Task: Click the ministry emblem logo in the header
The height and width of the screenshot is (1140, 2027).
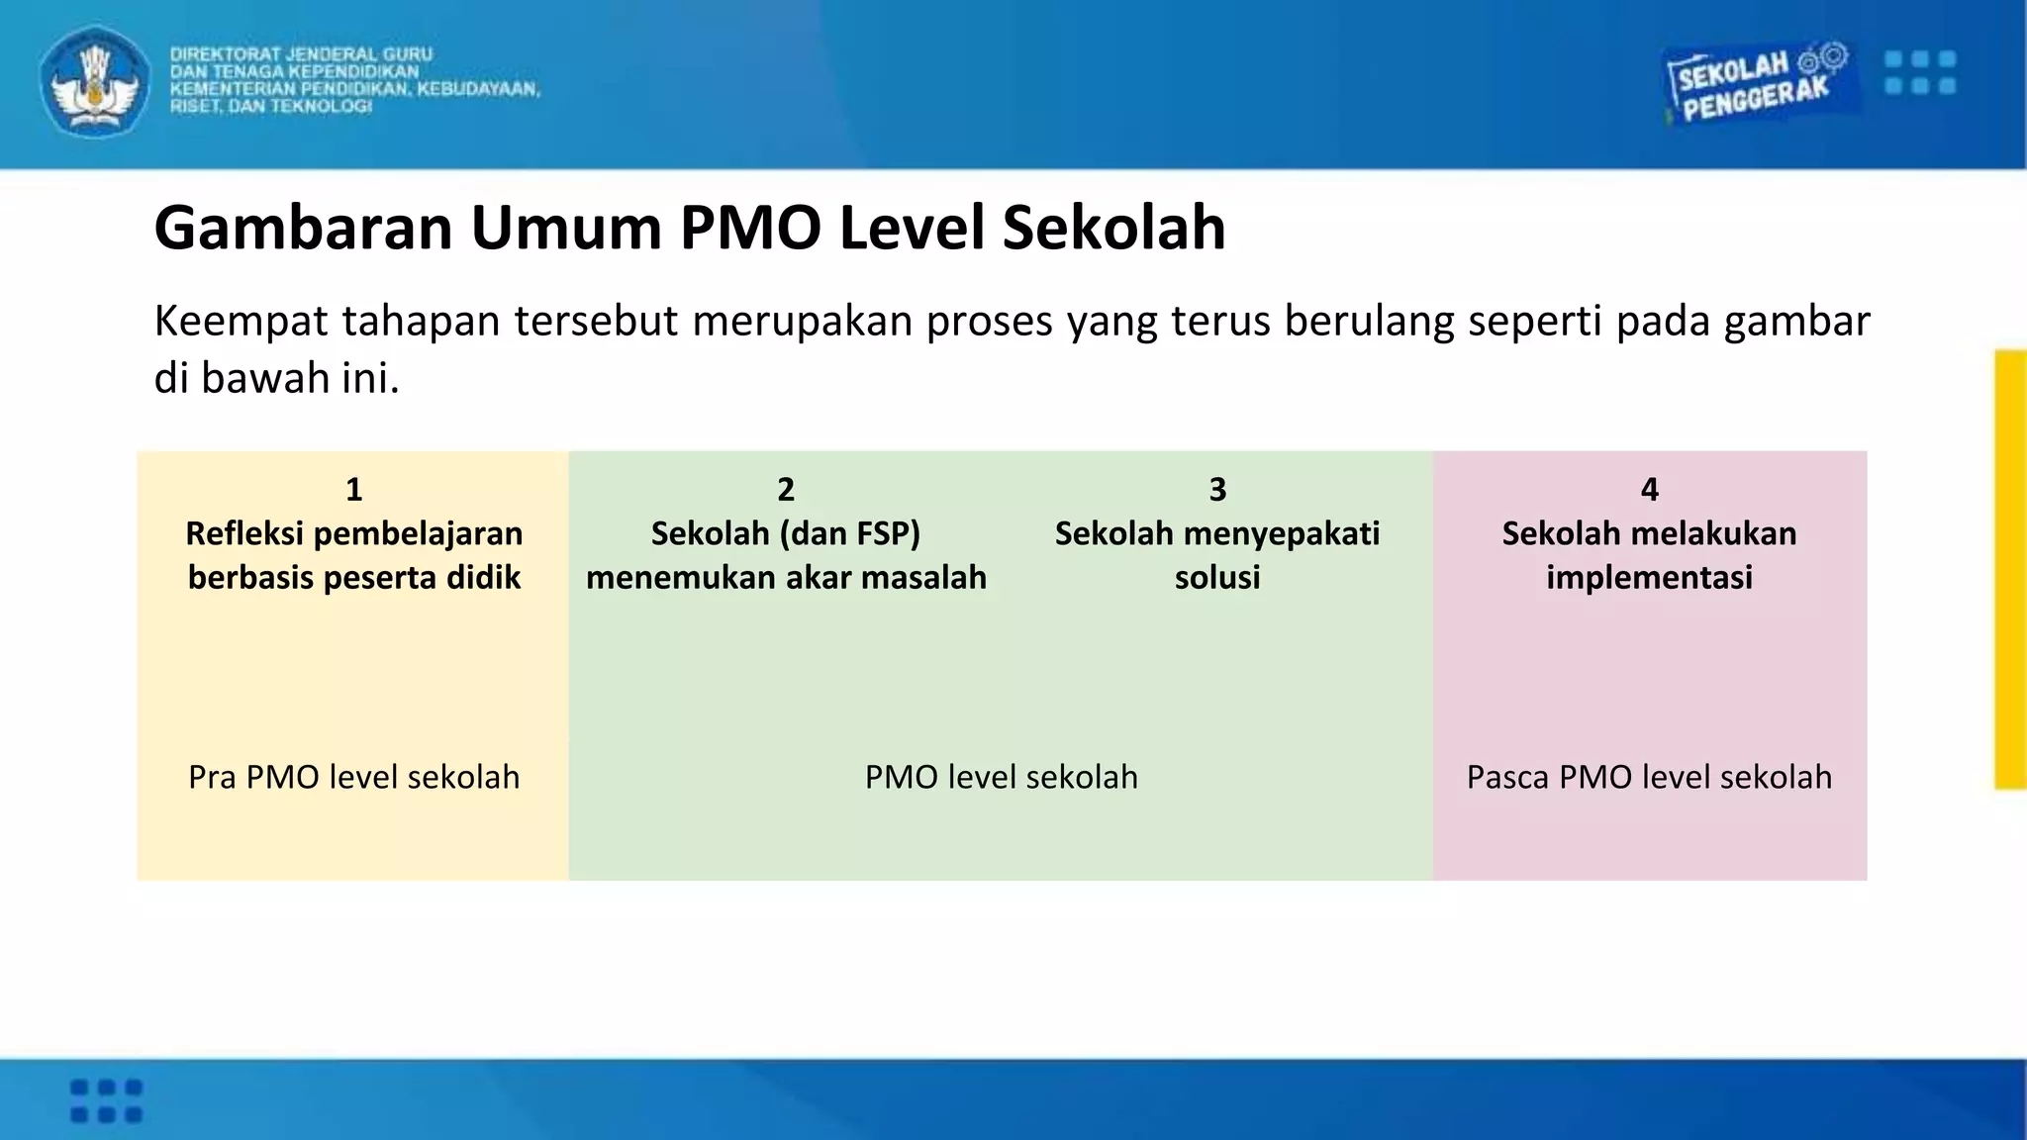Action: pos(95,81)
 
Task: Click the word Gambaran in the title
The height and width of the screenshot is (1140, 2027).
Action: pos(303,228)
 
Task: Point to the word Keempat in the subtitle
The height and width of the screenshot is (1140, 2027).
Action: pos(241,322)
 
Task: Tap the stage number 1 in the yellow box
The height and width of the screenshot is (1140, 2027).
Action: pos(353,489)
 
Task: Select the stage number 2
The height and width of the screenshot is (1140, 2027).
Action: pos(786,489)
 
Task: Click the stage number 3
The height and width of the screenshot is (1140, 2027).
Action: pos(1217,489)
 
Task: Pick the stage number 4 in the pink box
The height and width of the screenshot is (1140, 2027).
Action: pos(1649,489)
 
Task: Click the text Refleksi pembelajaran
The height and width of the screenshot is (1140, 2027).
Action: pos(353,533)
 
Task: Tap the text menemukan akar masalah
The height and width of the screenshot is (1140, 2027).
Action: pos(786,577)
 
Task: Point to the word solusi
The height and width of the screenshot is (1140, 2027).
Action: pos(1217,577)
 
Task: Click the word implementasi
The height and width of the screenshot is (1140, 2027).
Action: pos(1649,577)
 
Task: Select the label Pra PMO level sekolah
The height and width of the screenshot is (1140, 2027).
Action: pos(353,777)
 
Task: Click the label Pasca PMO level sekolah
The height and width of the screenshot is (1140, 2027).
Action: pos(1649,777)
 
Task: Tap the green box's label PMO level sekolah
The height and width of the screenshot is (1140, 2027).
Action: pos(1001,777)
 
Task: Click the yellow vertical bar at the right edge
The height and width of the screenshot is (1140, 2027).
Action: pos(2010,569)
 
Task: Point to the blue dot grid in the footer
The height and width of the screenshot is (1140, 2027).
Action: pos(106,1100)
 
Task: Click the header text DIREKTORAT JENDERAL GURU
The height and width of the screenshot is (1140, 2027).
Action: pos(301,54)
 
